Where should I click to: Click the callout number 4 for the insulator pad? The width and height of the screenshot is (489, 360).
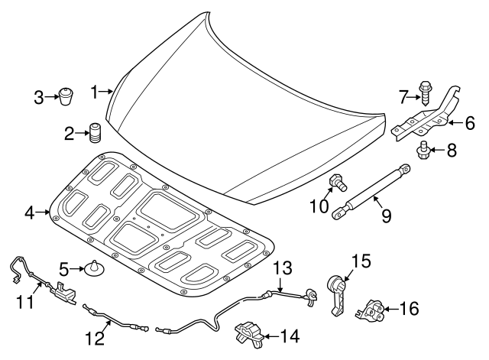point(29,212)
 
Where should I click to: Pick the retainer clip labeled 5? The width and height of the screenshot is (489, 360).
point(95,268)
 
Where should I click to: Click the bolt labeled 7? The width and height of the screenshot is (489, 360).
point(426,92)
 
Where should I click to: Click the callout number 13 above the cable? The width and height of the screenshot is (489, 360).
point(283,268)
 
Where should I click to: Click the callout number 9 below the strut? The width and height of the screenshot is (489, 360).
point(387,216)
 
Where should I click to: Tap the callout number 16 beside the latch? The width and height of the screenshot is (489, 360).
point(410,308)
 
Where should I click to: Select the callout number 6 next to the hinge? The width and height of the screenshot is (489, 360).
point(470,121)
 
